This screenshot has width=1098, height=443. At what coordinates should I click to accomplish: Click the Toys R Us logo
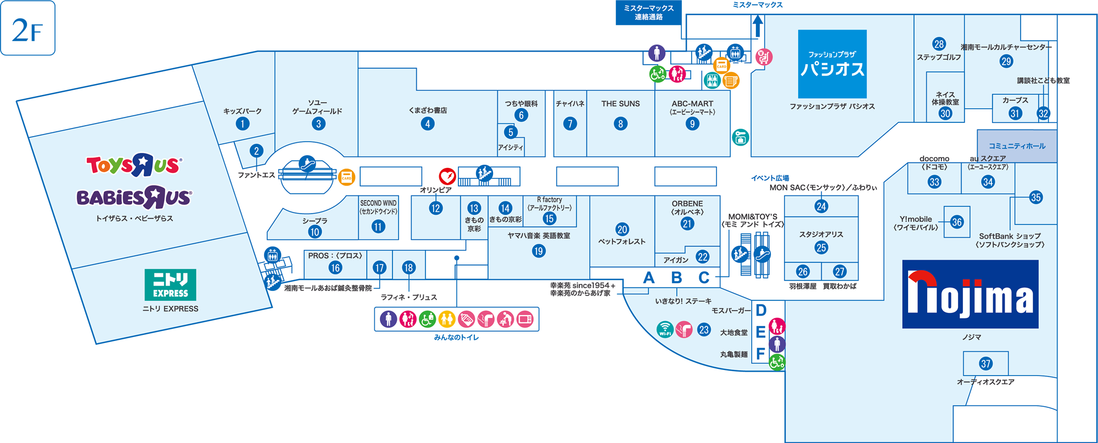(133, 165)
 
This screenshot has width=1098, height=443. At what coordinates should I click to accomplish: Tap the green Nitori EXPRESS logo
(170, 285)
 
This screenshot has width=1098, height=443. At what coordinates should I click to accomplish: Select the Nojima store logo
(970, 294)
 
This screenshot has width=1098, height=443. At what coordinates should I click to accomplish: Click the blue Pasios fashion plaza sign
(832, 64)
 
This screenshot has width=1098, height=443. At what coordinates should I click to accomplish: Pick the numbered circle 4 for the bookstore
(428, 124)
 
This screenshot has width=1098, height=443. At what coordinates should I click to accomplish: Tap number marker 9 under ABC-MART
(692, 124)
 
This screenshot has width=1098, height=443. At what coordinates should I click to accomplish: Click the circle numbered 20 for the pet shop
(622, 229)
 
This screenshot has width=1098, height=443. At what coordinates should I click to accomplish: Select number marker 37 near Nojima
(985, 363)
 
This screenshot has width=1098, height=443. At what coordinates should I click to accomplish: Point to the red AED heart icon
(447, 176)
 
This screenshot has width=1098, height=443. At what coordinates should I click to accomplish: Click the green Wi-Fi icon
(665, 329)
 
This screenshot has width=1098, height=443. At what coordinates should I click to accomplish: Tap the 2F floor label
(28, 29)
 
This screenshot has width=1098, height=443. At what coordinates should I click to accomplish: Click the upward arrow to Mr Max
(758, 26)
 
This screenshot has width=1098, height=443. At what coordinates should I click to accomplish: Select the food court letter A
(649, 278)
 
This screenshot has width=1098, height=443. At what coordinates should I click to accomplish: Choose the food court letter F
(760, 354)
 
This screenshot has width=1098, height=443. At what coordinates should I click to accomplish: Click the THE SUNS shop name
(620, 104)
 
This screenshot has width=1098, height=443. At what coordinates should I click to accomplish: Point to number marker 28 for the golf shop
(939, 44)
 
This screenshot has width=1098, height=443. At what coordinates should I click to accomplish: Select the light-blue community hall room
(1017, 146)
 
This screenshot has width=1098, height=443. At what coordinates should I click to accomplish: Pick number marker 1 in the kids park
(243, 124)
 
